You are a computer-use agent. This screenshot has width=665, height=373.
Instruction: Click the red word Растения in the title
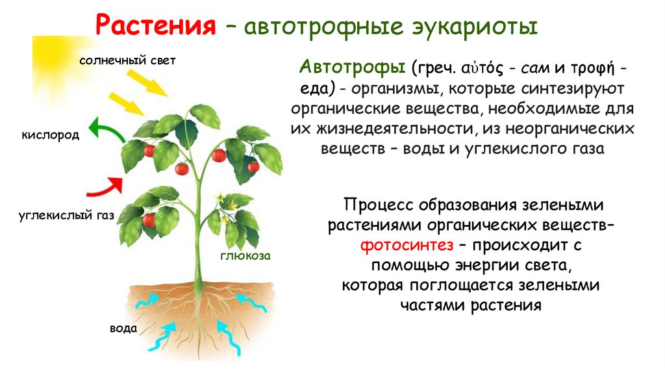point(155,27)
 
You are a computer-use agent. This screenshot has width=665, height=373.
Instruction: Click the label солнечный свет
point(128,60)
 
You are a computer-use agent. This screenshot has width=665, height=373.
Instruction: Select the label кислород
point(51,135)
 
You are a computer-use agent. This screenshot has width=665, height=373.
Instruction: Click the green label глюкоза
point(244,256)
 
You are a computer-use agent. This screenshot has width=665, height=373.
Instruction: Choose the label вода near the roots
point(123,329)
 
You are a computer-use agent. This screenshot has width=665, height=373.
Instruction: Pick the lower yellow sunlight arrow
point(127,104)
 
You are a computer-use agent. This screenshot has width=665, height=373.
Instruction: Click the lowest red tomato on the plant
point(149,220)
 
